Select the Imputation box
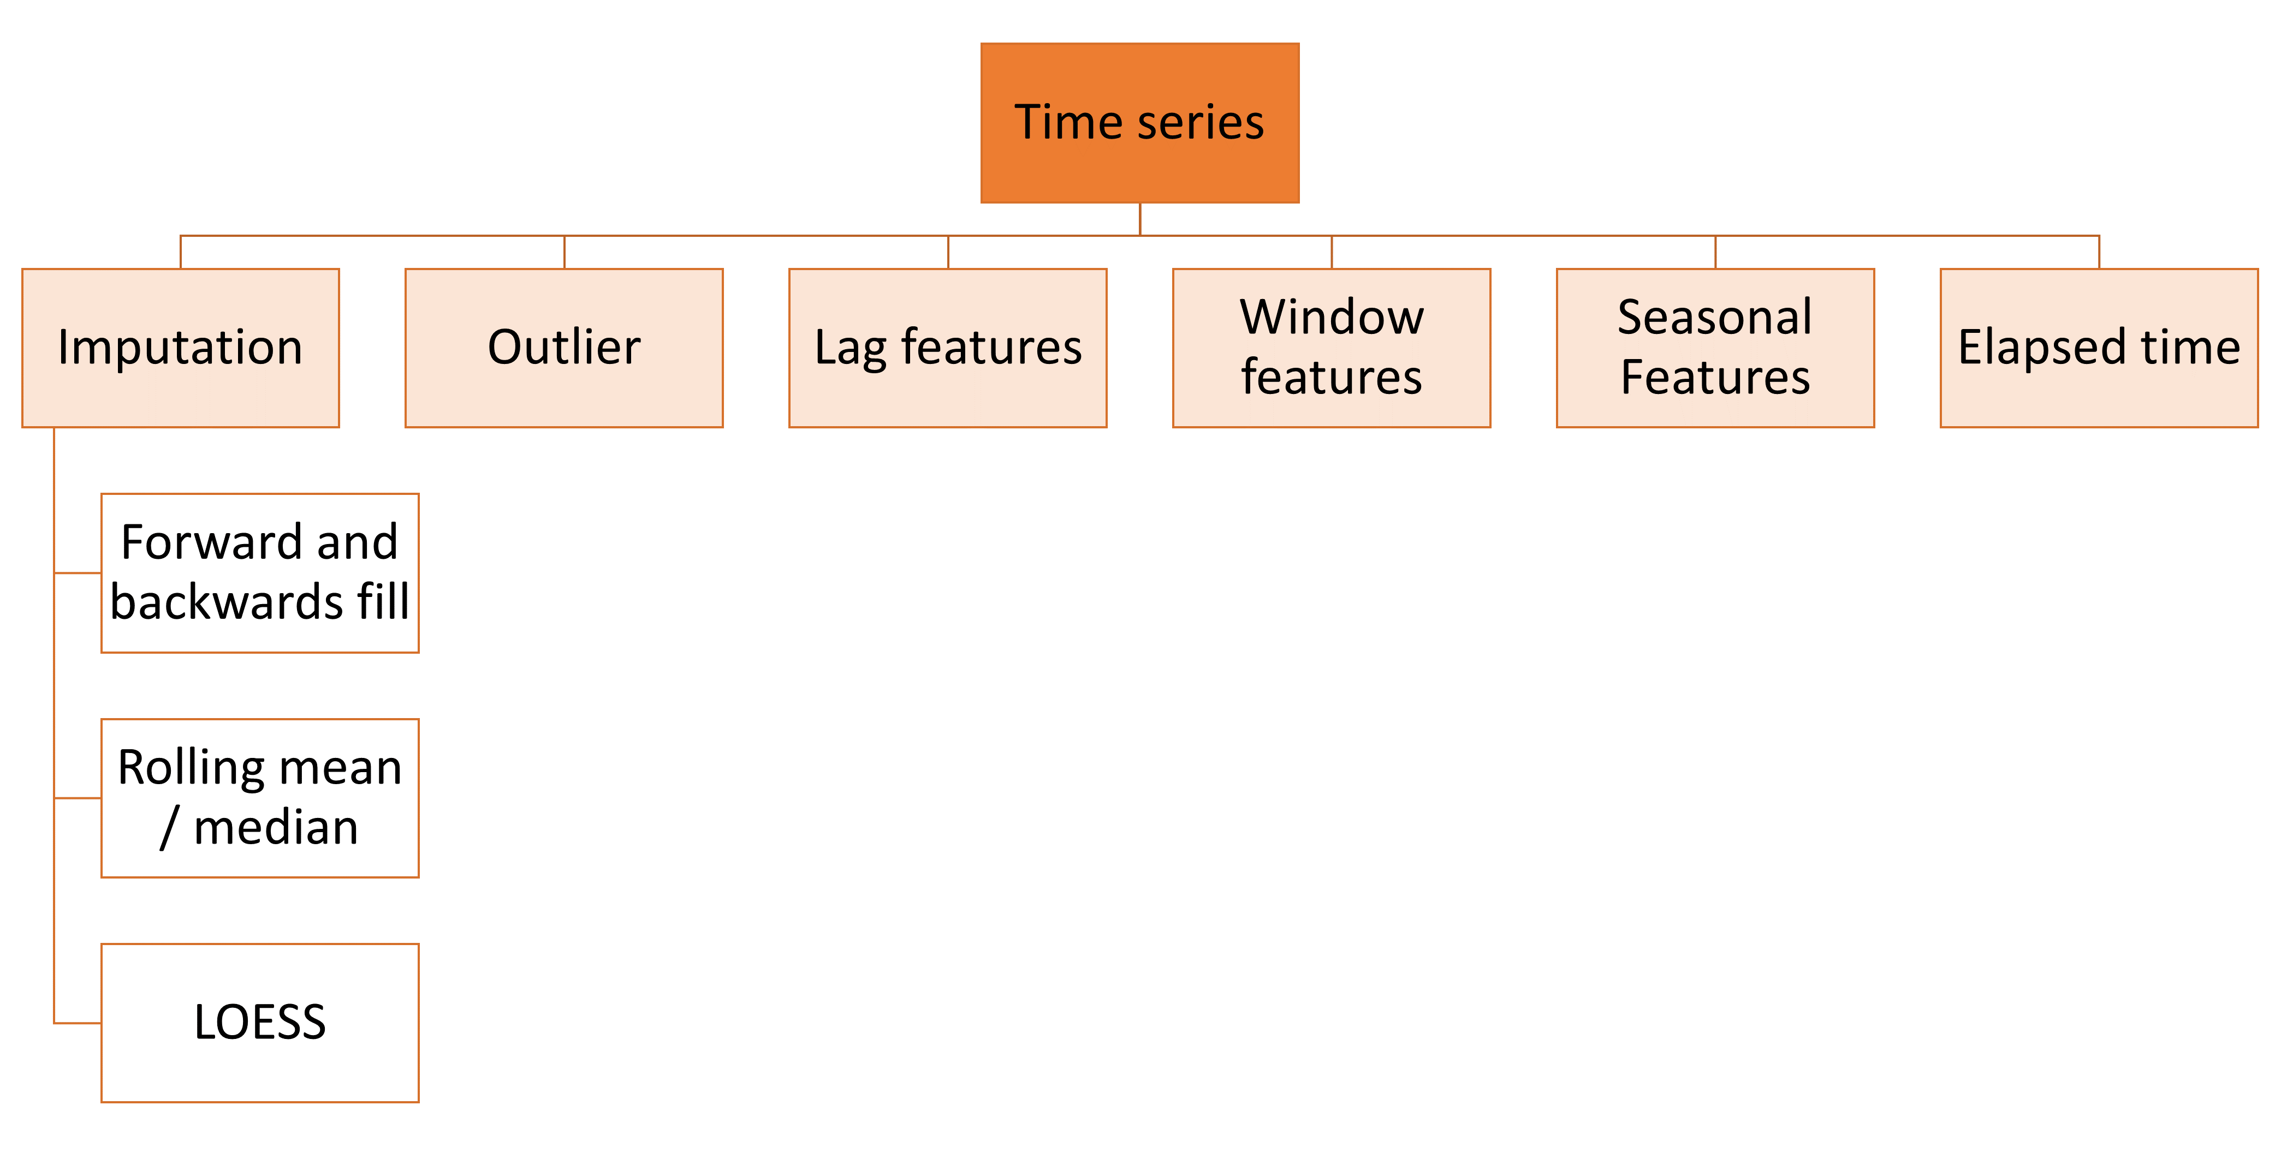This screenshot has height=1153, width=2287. pyautogui.click(x=180, y=348)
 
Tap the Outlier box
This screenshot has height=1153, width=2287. pyautogui.click(x=564, y=348)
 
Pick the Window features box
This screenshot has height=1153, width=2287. pyautogui.click(x=1331, y=348)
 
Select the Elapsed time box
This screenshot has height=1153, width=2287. pyautogui.click(x=2098, y=348)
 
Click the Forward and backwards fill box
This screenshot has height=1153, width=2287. pyautogui.click(x=259, y=572)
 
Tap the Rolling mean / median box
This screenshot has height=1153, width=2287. pyautogui.click(x=259, y=798)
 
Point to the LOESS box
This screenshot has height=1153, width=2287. pyautogui.click(x=259, y=1023)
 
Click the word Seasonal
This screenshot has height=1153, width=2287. pyautogui.click(x=1714, y=317)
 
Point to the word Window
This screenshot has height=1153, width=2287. pyautogui.click(x=1331, y=317)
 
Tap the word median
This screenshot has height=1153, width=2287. pyautogui.click(x=275, y=828)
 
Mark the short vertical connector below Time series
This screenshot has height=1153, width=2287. pyautogui.click(x=1140, y=219)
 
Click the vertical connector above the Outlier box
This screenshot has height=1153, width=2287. pyautogui.click(x=565, y=252)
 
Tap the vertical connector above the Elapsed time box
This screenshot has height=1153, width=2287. pyautogui.click(x=2099, y=252)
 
